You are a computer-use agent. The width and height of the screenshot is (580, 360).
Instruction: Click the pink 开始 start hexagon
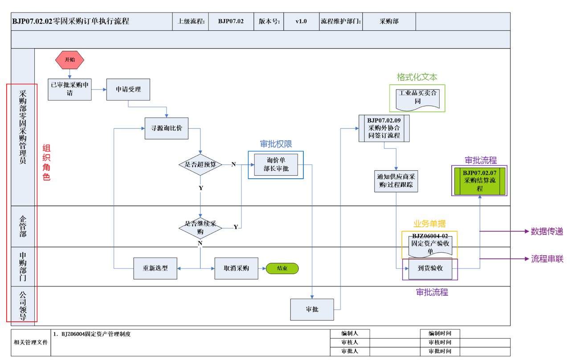[x=70, y=60]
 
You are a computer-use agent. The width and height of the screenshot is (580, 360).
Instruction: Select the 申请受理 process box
[x=128, y=90]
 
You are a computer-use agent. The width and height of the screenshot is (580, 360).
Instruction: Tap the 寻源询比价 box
[x=167, y=128]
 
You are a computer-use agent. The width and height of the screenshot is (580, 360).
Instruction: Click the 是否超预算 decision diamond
[x=200, y=164]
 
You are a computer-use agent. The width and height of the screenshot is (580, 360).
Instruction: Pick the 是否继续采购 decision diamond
[x=200, y=227]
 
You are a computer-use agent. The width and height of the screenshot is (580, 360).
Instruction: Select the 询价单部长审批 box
[x=276, y=165]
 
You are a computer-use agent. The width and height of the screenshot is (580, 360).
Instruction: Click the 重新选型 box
[x=155, y=268]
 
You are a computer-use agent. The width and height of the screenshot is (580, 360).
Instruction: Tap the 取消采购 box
[x=236, y=268]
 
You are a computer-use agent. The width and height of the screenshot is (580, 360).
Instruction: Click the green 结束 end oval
[x=282, y=268]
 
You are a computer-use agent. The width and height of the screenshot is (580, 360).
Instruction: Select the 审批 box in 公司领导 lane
[x=312, y=309]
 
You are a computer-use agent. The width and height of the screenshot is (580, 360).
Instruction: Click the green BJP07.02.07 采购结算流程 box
[x=479, y=181]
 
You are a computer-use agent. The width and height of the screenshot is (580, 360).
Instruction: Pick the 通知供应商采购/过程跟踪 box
[x=396, y=181]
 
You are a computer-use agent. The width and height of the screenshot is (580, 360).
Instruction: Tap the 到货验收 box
[x=430, y=269]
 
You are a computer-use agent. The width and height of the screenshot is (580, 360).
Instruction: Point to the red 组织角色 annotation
[x=46, y=162]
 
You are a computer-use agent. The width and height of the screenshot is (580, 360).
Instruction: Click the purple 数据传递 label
[x=547, y=231]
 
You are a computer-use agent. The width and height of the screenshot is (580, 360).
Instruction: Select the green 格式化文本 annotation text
[x=417, y=77]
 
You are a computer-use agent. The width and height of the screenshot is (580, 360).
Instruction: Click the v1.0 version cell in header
[x=301, y=21]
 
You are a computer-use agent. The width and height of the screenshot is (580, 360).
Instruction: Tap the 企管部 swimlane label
[x=23, y=226]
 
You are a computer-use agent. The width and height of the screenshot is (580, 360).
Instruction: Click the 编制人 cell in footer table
[x=350, y=333]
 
